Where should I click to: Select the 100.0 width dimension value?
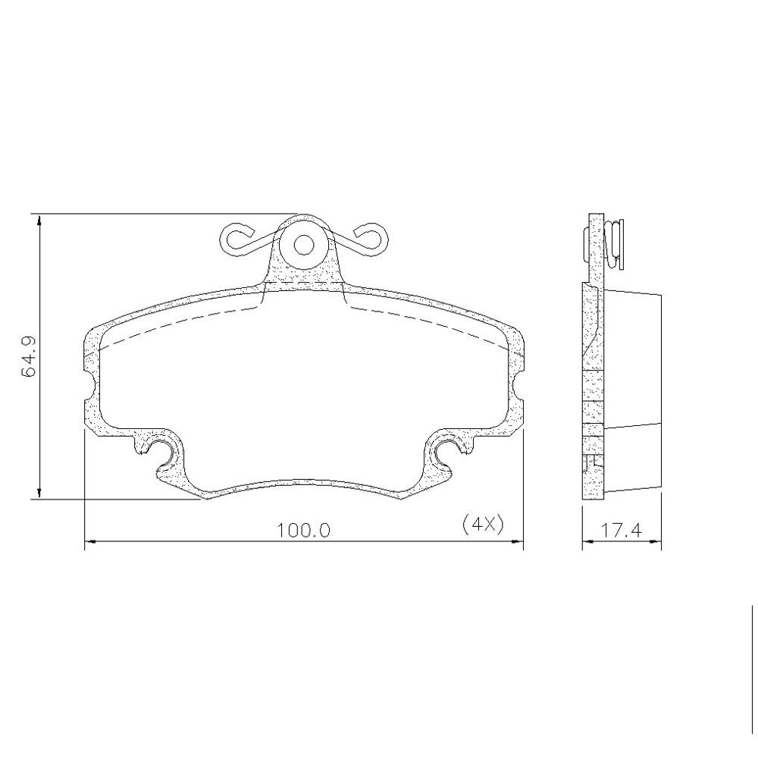pyautogui.click(x=304, y=531)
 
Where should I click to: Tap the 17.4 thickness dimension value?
pyautogui.click(x=622, y=531)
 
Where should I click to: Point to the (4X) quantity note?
pyautogui.click(x=483, y=524)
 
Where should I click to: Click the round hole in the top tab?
pyautogui.click(x=304, y=245)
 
